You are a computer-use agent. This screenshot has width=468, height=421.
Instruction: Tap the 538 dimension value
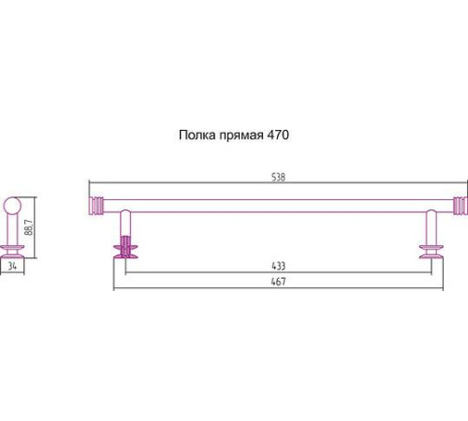[x=277, y=175]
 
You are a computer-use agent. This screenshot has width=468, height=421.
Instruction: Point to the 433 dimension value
[x=277, y=267]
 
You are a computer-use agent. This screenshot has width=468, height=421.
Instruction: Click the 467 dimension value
[x=277, y=281]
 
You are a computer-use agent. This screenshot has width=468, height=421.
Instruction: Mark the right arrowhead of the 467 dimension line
[x=441, y=287]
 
